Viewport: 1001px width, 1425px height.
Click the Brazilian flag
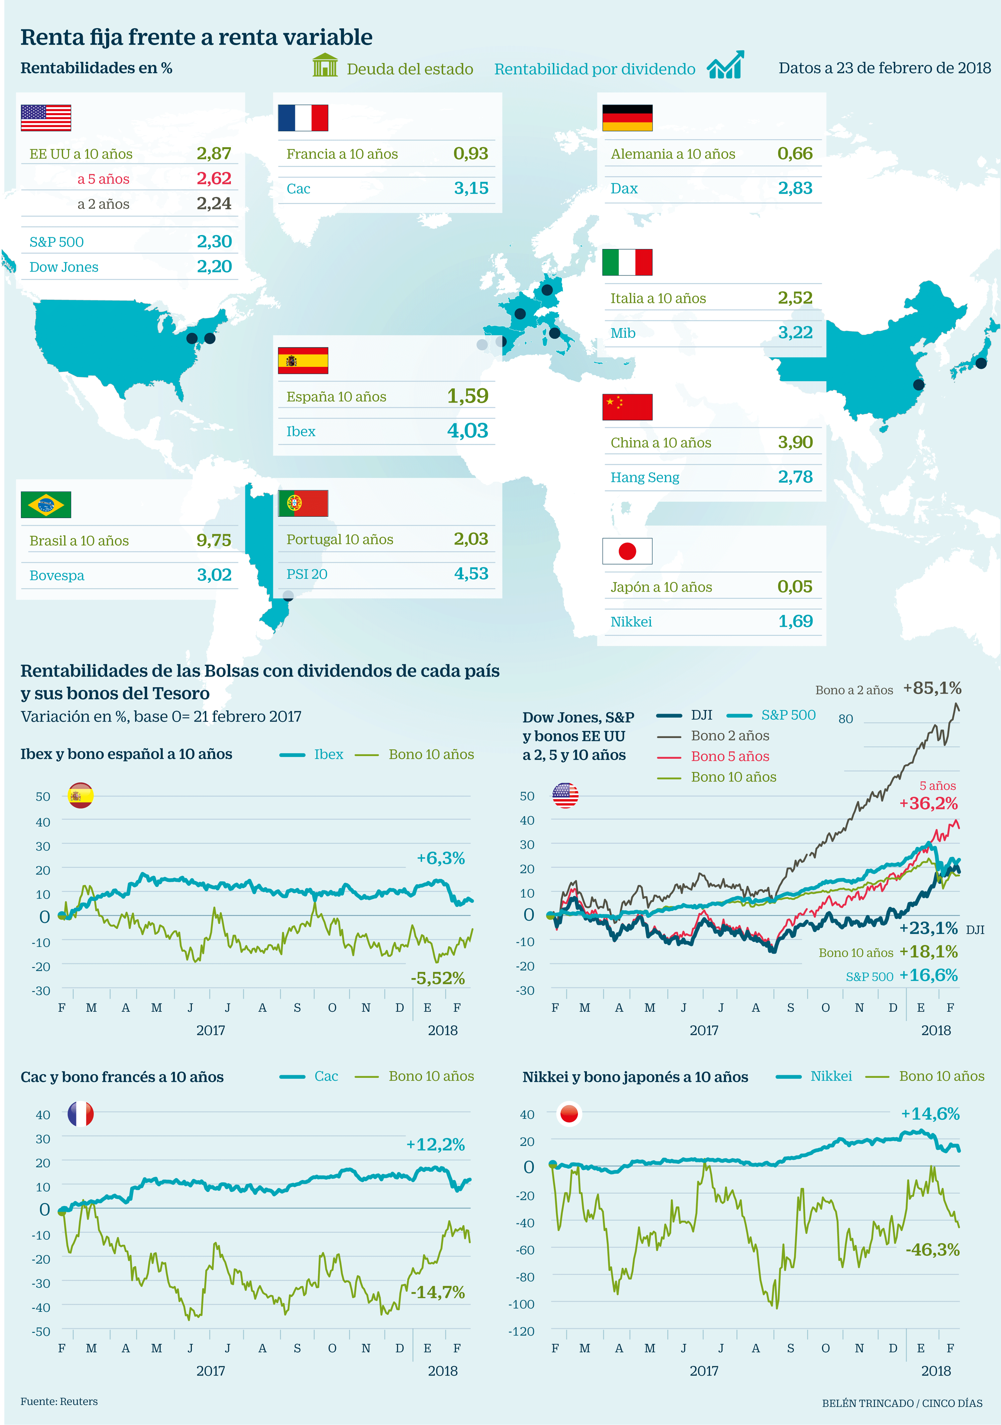click(46, 505)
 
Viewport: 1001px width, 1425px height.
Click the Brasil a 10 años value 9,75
click(214, 541)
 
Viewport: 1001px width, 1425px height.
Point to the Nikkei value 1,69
click(795, 621)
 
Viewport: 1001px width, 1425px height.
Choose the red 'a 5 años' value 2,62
click(214, 179)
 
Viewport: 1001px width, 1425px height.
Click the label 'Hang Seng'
click(644, 477)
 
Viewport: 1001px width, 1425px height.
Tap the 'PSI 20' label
click(307, 574)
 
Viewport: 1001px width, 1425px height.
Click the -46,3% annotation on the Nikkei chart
click(932, 1249)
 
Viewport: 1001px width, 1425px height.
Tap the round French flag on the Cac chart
click(81, 1114)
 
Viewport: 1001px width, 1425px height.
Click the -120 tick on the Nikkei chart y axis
click(521, 1331)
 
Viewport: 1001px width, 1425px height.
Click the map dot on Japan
click(981, 363)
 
